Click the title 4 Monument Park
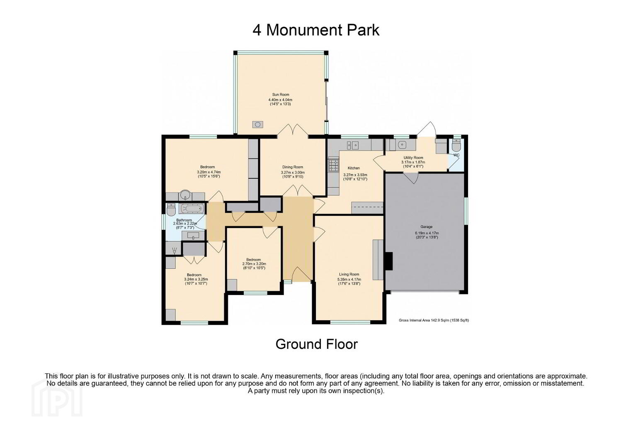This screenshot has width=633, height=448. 315,30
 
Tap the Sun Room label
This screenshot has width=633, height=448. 281,95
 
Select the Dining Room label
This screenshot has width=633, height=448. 293,167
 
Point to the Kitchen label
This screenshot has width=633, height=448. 354,168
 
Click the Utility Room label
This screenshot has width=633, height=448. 413,158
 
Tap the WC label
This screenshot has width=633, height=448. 456,155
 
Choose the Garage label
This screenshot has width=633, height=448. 427,226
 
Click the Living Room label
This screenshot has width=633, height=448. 349,274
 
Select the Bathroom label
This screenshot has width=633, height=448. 184,220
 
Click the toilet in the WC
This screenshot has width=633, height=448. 456,145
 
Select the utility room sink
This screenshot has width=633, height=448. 402,145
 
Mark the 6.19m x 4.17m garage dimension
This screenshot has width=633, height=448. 427,233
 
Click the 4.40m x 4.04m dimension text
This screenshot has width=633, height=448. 280,100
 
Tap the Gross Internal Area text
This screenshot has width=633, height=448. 434,320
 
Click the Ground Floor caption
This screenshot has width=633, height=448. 317,344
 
